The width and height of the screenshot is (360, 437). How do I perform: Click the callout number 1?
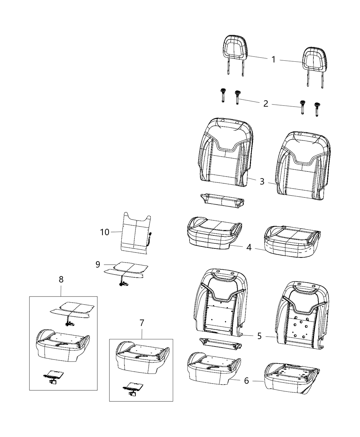pyautogui.click(x=273, y=60)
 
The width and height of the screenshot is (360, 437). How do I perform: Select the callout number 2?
pyautogui.click(x=266, y=104)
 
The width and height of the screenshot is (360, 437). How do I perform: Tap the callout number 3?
pyautogui.click(x=262, y=181)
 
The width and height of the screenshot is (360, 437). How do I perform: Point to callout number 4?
pyautogui.click(x=249, y=247)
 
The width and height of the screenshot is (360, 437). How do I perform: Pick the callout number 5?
pyautogui.click(x=260, y=336)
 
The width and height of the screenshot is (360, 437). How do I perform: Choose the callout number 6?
pyautogui.click(x=247, y=380)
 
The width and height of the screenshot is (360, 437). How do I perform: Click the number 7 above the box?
pyautogui.click(x=142, y=323)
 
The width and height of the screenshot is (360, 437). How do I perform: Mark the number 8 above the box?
pyautogui.click(x=61, y=279)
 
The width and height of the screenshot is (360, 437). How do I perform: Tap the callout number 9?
pyautogui.click(x=98, y=264)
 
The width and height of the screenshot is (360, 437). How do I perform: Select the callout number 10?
pyautogui.click(x=105, y=232)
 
